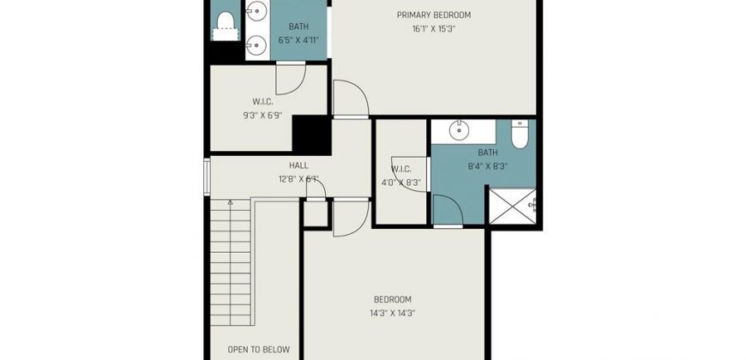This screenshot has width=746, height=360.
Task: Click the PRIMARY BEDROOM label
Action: click(x=433, y=15)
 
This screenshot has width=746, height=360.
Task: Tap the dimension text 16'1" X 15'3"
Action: click(x=434, y=28)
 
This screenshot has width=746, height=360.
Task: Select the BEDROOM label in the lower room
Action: click(x=393, y=300)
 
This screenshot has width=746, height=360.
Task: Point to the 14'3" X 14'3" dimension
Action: click(x=393, y=314)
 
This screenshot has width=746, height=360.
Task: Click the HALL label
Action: click(x=298, y=165)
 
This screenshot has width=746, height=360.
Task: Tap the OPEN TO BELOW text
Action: click(x=258, y=350)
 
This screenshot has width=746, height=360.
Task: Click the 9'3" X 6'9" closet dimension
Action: click(x=262, y=115)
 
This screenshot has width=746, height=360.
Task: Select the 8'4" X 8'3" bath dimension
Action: click(x=488, y=166)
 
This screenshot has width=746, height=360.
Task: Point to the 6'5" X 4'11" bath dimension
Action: click(x=298, y=40)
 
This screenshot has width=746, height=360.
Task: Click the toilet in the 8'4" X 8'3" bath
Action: click(x=520, y=134)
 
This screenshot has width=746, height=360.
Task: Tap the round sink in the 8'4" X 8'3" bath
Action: click(x=459, y=130)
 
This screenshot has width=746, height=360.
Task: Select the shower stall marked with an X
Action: click(x=513, y=206)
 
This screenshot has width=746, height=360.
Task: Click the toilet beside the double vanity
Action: click(x=225, y=27)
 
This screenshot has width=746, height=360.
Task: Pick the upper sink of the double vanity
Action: click(x=257, y=9)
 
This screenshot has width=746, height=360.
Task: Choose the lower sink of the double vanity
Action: click(x=257, y=45)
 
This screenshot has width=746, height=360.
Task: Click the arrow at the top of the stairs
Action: click(x=231, y=202)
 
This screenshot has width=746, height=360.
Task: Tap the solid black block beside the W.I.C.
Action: click(x=311, y=135)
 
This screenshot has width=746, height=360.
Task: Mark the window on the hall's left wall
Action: click(x=207, y=177)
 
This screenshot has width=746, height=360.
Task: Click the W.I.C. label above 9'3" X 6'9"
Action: click(x=262, y=101)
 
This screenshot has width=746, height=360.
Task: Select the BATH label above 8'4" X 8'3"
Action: click(x=488, y=153)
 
